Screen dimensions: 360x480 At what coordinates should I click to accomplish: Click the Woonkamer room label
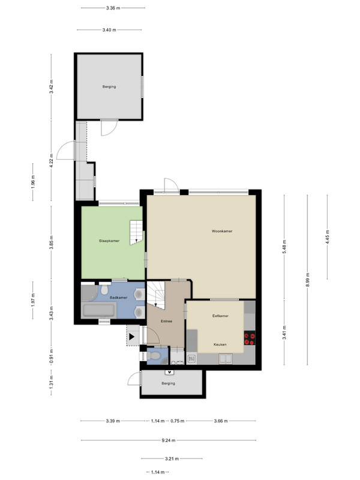222,231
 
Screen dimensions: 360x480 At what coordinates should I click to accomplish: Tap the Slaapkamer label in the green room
109,241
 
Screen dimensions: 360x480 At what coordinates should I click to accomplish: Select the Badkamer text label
118,298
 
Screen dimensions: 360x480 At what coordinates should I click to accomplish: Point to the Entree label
167,321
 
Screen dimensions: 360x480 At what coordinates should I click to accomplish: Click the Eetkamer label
220,316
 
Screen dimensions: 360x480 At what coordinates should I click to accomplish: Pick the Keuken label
220,344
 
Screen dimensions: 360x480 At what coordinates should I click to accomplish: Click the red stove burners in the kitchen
250,338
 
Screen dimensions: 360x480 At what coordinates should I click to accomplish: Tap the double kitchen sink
226,359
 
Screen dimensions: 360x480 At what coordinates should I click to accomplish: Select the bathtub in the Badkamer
99,310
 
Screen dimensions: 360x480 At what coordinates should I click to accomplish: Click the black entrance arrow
131,337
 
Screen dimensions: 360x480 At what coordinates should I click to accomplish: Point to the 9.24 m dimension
169,440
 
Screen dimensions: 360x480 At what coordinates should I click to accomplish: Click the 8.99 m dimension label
308,280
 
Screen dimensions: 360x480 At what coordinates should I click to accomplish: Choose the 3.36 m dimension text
113,8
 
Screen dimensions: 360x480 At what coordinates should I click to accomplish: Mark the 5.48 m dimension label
284,247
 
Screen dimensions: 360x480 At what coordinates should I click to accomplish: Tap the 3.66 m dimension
221,421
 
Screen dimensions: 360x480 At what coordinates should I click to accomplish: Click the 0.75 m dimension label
178,421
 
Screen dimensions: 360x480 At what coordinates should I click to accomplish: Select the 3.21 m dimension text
172,458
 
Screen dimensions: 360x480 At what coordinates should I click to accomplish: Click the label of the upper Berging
109,86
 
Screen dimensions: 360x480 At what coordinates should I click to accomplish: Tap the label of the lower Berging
169,383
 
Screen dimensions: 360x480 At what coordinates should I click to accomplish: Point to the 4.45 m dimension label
327,237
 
